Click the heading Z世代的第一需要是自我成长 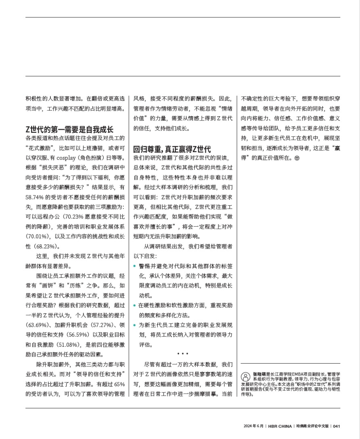tap(69, 129)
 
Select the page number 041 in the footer tap(336, 426)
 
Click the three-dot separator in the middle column tap(183, 354)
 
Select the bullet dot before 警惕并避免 tap(135, 266)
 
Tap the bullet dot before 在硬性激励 tap(135, 305)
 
